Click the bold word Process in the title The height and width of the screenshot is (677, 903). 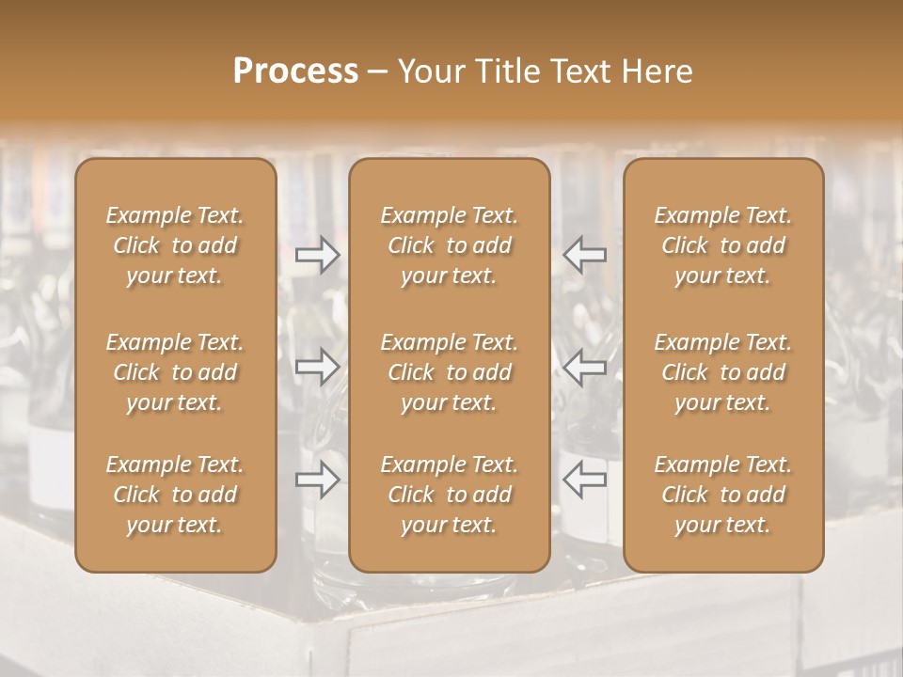point(295,71)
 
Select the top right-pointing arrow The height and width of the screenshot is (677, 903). point(317,254)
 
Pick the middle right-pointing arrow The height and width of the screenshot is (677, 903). point(317,367)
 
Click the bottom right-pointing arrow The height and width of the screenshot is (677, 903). point(317,480)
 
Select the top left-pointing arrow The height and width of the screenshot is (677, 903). point(584,254)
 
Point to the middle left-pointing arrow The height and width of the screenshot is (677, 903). point(584,367)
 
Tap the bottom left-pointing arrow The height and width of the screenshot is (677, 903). point(584,480)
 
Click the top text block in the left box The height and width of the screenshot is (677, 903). point(175,245)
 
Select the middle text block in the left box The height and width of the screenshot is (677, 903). point(175,372)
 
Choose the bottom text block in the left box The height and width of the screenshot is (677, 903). point(175,495)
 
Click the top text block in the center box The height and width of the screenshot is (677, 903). point(449,245)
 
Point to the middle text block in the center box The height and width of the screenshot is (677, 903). point(449,372)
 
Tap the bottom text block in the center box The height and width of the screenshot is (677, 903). point(449,495)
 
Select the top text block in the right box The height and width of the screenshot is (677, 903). point(722,245)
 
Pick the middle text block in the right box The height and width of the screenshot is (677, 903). point(722,372)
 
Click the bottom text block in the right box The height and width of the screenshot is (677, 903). point(722,495)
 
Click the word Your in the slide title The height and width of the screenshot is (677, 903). point(430,71)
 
